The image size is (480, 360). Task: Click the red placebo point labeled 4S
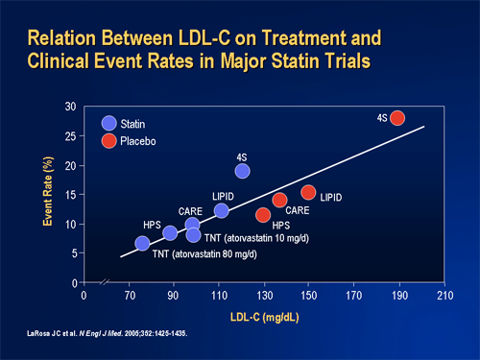coord(396,118)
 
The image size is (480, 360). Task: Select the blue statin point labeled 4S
coord(242,171)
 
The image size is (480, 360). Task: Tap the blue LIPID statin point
coord(222,211)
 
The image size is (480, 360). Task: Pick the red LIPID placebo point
coord(308,193)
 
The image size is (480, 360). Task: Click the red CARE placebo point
coord(279,200)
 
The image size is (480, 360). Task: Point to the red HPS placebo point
coord(263,214)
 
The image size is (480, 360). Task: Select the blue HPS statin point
coord(170,233)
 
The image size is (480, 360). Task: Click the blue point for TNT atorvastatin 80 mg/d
coord(142,244)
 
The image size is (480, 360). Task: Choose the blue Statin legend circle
coord(108,123)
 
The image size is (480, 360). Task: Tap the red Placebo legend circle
coord(108,141)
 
